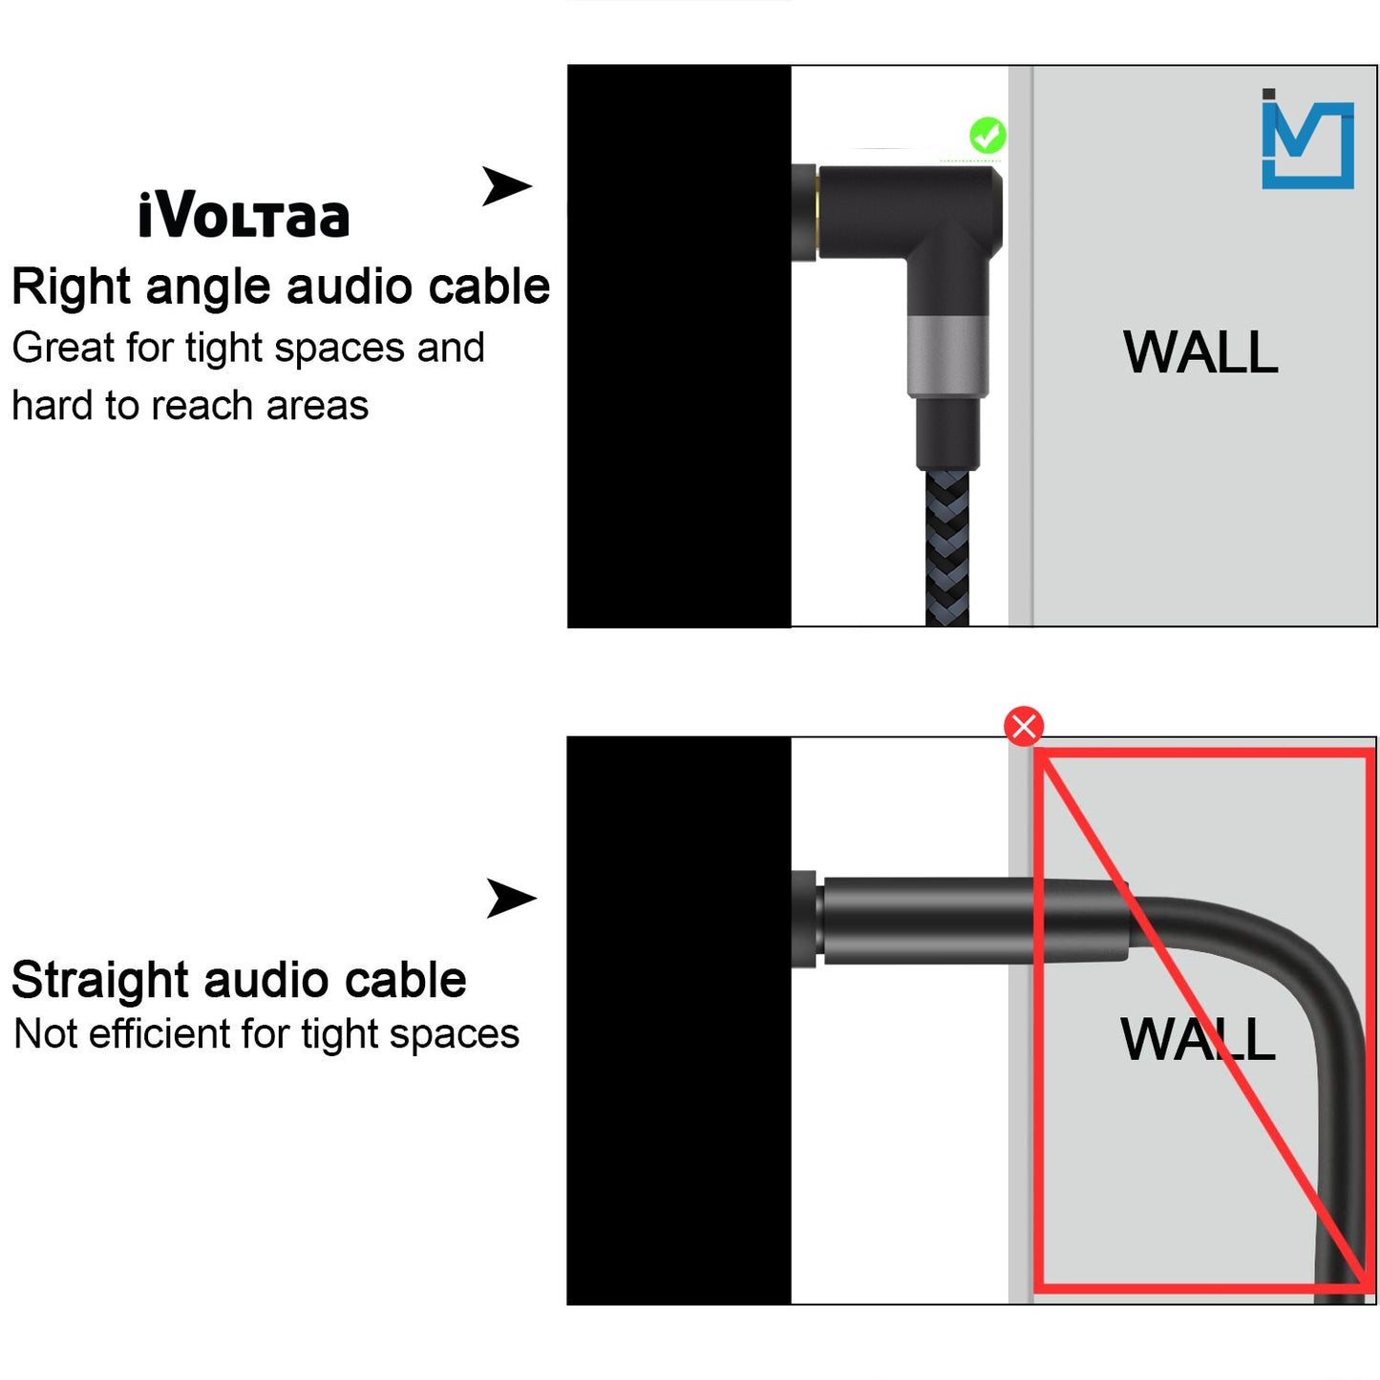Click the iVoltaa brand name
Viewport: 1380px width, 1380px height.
[244, 216]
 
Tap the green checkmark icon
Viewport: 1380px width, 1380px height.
[987, 136]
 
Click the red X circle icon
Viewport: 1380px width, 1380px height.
[1024, 727]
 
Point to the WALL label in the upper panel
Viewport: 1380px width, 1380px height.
[1200, 352]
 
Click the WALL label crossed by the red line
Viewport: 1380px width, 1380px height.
[1198, 1039]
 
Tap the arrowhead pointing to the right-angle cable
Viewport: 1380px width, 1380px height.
[505, 185]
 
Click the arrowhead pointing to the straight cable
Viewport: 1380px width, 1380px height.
[511, 898]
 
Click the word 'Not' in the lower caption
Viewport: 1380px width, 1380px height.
[45, 1034]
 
